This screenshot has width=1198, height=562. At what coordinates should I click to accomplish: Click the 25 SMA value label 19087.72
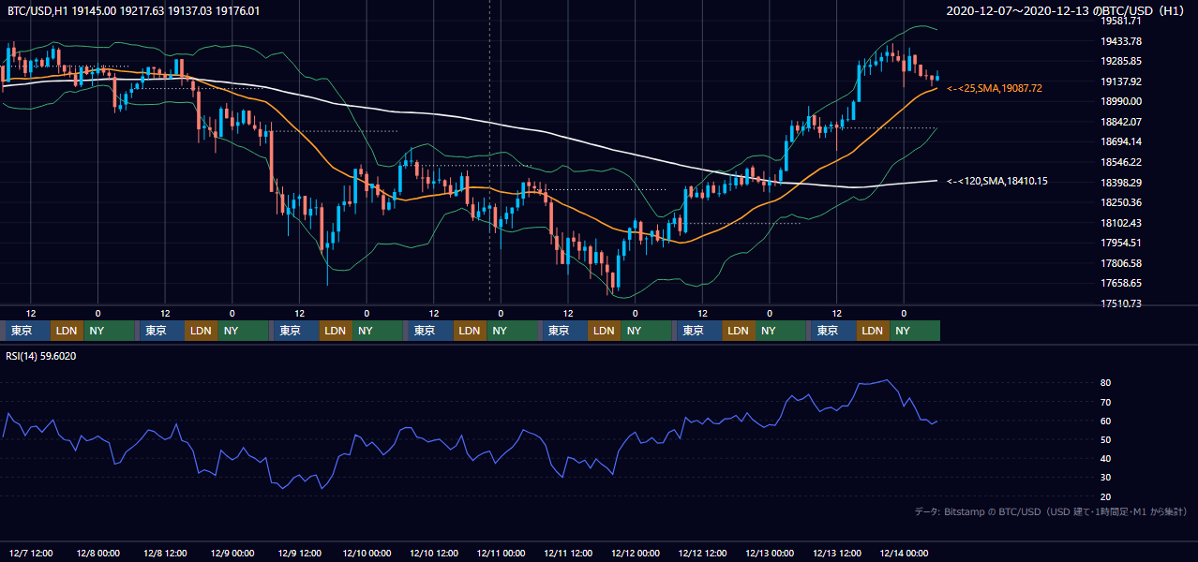pyautogui.click(x=995, y=89)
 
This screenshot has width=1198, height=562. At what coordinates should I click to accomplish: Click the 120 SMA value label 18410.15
pyautogui.click(x=996, y=181)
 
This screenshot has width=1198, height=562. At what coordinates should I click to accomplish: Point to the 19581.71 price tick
pyautogui.click(x=1121, y=21)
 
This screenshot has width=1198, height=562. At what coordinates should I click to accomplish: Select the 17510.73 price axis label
pyautogui.click(x=1121, y=303)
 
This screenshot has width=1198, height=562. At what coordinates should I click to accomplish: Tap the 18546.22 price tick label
pyautogui.click(x=1121, y=162)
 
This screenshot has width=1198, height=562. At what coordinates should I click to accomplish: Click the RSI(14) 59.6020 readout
pyautogui.click(x=40, y=356)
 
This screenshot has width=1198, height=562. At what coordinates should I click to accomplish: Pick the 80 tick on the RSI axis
pyautogui.click(x=1105, y=382)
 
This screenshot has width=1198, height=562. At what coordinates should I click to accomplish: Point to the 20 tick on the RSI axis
pyautogui.click(x=1105, y=496)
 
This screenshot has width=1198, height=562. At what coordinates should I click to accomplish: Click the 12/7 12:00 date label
pyautogui.click(x=31, y=553)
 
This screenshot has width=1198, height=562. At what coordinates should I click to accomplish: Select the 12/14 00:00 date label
pyautogui.click(x=904, y=553)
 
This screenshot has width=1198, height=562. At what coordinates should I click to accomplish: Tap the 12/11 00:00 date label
pyautogui.click(x=501, y=553)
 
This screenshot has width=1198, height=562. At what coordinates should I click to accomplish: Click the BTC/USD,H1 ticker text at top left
pyautogui.click(x=37, y=11)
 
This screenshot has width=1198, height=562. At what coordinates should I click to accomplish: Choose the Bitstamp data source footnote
pyautogui.click(x=1051, y=511)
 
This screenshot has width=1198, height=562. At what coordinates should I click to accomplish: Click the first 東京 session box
pyautogui.click(x=28, y=331)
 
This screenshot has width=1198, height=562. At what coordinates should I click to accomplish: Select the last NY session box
pyautogui.click(x=915, y=331)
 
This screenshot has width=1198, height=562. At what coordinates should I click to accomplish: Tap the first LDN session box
pyautogui.click(x=67, y=331)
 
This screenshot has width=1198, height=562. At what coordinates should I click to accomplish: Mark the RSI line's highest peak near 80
pyautogui.click(x=886, y=380)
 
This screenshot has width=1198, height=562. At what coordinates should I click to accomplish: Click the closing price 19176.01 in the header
pyautogui.click(x=237, y=11)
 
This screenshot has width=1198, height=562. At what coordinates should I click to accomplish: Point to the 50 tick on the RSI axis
pyautogui.click(x=1105, y=439)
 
